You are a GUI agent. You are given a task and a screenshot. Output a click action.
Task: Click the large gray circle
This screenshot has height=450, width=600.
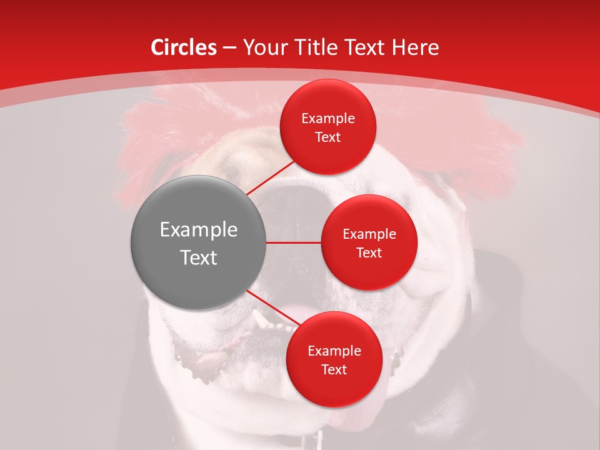click(199, 242)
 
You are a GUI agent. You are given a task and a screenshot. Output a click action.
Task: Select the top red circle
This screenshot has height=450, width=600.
click(327, 127)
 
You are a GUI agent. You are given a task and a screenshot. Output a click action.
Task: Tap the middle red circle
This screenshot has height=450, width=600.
click(369, 242)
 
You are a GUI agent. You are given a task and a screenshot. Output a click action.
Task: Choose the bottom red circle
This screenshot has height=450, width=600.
click(334, 359)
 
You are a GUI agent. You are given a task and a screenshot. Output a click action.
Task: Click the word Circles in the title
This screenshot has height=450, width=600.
click(183, 47)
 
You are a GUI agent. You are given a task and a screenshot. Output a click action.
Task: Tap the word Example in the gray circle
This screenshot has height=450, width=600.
click(199, 230)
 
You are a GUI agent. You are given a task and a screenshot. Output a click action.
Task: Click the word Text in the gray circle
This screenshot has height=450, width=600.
click(199, 257)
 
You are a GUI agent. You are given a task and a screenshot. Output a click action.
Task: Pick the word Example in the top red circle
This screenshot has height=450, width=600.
click(328, 118)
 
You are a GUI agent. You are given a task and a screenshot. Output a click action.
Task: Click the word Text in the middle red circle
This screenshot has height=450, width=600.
click(369, 252)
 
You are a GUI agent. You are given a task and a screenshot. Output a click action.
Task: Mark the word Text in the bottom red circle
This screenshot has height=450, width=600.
click(334, 369)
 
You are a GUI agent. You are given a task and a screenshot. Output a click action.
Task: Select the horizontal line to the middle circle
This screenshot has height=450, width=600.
click(294, 242)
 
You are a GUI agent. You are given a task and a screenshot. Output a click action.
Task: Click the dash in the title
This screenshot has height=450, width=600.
click(229, 47)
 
